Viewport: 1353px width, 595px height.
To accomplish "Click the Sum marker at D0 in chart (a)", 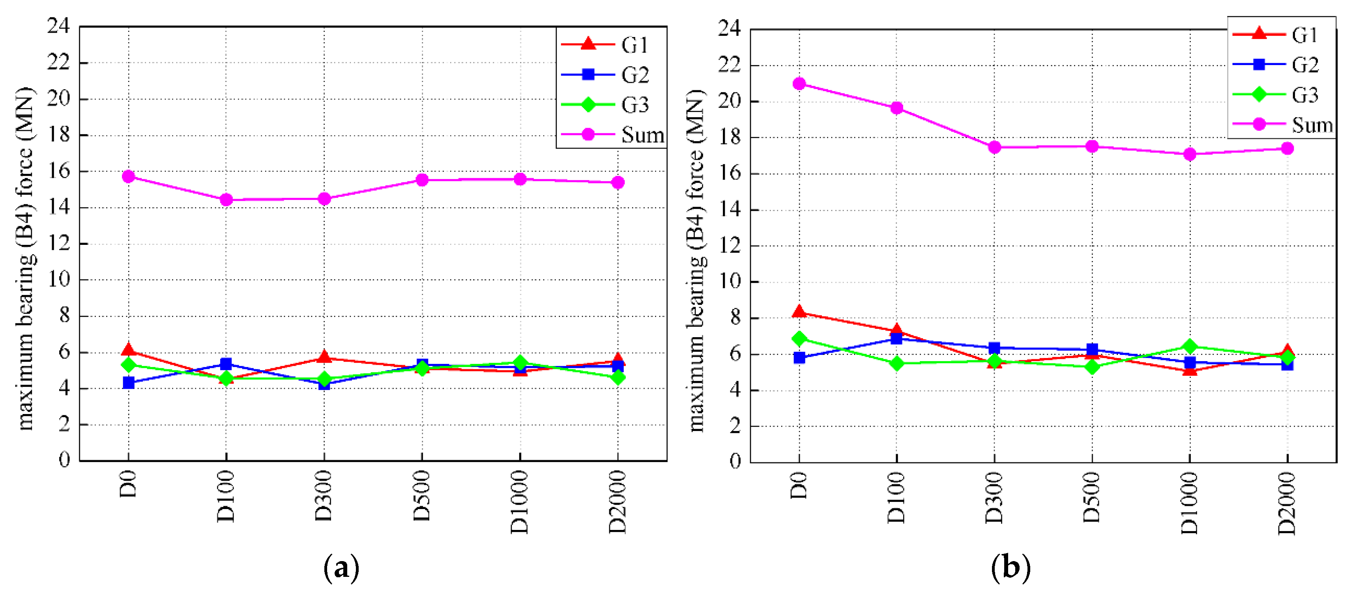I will pyautogui.click(x=129, y=176).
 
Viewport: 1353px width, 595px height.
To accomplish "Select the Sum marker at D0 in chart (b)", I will pyautogui.click(x=799, y=84).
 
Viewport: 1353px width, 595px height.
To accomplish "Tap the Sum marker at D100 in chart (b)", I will pyautogui.click(x=896, y=108).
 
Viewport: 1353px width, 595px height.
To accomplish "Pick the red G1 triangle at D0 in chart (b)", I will pyautogui.click(x=799, y=312).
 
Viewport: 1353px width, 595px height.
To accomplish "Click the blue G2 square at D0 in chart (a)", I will pyautogui.click(x=129, y=382).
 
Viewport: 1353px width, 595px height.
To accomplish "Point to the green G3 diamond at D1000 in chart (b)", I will pyautogui.click(x=1190, y=346).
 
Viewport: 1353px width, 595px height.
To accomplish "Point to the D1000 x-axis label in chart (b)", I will pyautogui.click(x=1190, y=503).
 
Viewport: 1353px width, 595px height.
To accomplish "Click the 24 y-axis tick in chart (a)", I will pyautogui.click(x=58, y=26).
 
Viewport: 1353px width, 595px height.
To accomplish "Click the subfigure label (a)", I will pyautogui.click(x=341, y=568).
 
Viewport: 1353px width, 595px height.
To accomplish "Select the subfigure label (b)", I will pyautogui.click(x=1010, y=568).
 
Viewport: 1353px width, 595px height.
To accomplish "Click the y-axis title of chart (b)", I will pyautogui.click(x=696, y=260).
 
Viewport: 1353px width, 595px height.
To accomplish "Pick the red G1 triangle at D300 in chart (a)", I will pyautogui.click(x=324, y=357).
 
